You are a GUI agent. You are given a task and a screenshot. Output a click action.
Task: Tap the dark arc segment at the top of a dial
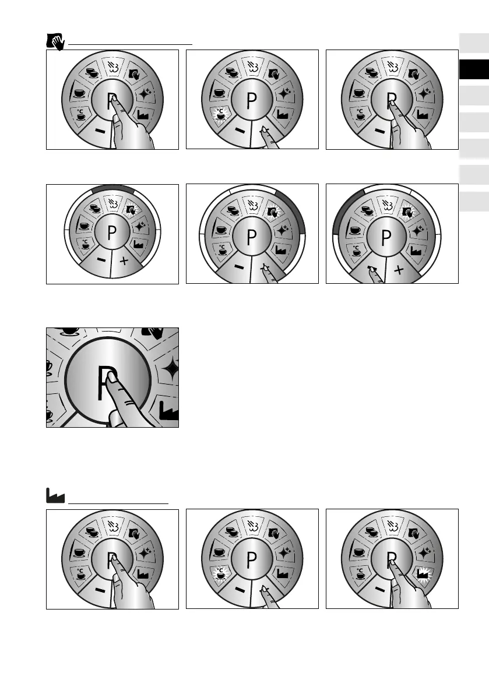pos(112,189)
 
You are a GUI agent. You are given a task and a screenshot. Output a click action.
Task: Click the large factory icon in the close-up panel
pos(170,411)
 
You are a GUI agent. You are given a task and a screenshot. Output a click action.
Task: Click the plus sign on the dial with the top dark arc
pos(124,262)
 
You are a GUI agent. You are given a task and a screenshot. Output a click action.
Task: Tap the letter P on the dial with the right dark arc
pos(252,238)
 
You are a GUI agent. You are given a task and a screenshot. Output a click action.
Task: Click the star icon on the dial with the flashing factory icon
pos(425,551)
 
